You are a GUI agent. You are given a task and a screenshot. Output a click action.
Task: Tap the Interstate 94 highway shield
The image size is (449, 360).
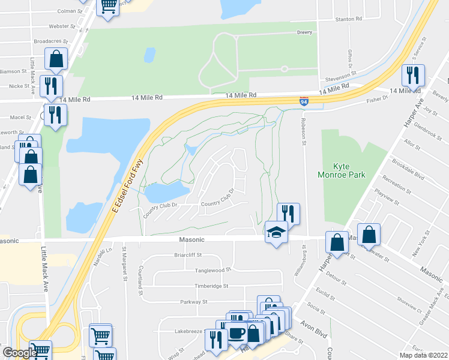coord(304,101)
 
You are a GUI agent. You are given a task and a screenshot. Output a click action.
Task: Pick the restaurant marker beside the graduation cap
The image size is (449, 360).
coord(288,214)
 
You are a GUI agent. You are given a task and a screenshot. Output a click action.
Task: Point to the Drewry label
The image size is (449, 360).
coord(306,32)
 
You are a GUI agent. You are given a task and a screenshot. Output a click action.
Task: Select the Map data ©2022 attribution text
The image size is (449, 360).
coord(423,355)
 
